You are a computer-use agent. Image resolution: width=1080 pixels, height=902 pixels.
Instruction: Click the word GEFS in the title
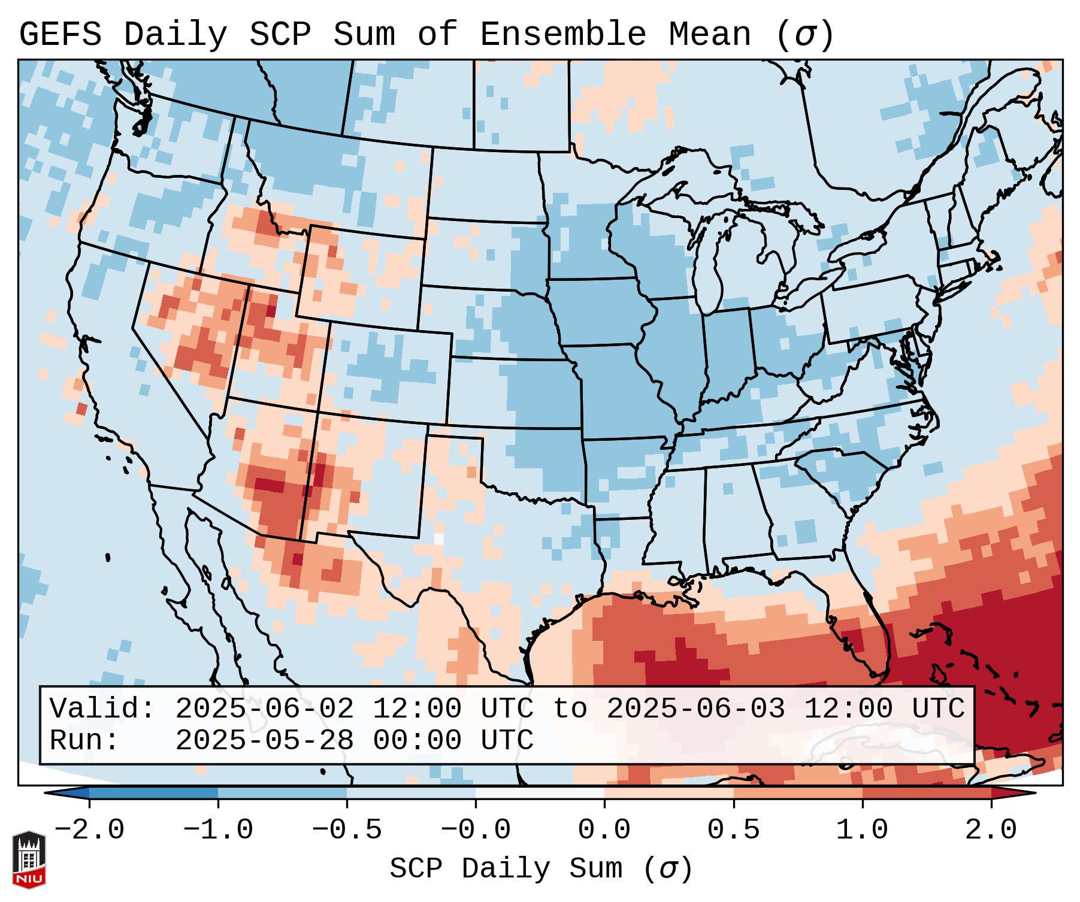click(x=60, y=35)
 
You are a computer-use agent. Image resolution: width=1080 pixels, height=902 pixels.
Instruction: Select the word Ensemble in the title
click(x=562, y=35)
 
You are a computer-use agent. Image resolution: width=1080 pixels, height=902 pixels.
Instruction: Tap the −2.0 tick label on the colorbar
click(x=89, y=830)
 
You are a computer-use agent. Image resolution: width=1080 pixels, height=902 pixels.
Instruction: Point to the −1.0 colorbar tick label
click(x=218, y=830)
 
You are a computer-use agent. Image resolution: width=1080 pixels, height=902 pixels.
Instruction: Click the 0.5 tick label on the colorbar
click(x=734, y=830)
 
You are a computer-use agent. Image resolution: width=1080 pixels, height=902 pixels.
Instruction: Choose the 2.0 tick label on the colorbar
click(x=991, y=830)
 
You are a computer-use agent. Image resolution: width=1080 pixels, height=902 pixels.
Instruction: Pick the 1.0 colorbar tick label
click(x=863, y=830)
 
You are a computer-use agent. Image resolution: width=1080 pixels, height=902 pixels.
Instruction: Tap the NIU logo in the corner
click(x=29, y=859)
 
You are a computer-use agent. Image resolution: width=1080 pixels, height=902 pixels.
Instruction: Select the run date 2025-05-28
click(x=264, y=741)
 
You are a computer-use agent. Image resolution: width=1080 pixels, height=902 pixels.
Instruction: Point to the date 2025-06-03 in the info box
click(x=695, y=709)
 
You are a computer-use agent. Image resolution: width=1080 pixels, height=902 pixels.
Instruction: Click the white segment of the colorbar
click(x=540, y=792)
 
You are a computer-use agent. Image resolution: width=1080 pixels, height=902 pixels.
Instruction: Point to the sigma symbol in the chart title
click(x=804, y=35)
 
